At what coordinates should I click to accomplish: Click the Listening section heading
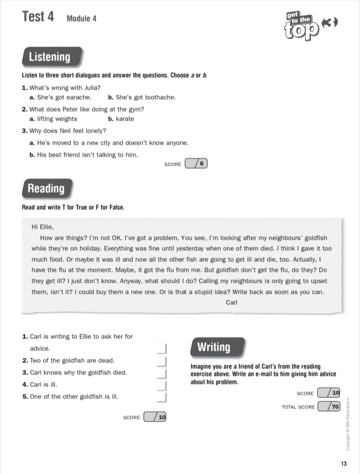pyautogui.click(x=49, y=57)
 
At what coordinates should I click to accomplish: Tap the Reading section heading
pyautogui.click(x=46, y=189)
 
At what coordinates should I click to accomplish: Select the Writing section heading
pyautogui.click(x=213, y=347)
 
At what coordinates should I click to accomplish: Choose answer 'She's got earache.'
pyautogui.click(x=64, y=97)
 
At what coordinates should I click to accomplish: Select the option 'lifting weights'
pyautogui.click(x=57, y=119)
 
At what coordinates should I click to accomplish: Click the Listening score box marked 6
pyautogui.click(x=196, y=164)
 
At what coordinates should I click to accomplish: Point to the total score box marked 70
pyautogui.click(x=329, y=407)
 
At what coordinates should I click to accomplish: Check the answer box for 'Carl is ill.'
pyautogui.click(x=161, y=385)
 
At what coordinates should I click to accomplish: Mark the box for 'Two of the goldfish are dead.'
pyautogui.click(x=161, y=361)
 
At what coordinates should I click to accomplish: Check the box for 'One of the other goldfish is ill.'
pyautogui.click(x=161, y=397)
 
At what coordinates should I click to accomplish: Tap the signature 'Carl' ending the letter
pyautogui.click(x=231, y=302)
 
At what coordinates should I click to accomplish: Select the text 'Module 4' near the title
pyautogui.click(x=81, y=19)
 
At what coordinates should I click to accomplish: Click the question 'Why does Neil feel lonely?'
pyautogui.click(x=67, y=131)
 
